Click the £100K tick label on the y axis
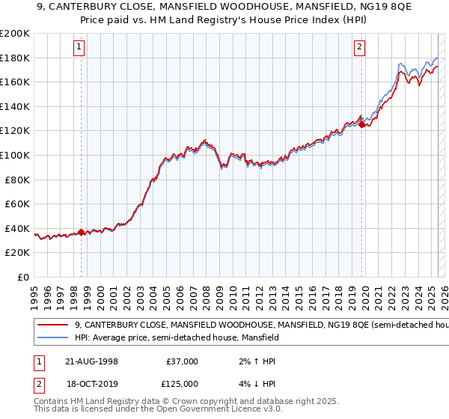tap(15, 155)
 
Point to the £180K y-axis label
tap(15, 58)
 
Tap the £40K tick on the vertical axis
tap(17, 228)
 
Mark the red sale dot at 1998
tap(81, 232)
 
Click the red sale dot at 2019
tap(361, 125)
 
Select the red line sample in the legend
tap(52, 325)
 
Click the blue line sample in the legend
tap(52, 337)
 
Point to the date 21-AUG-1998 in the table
tap(91, 361)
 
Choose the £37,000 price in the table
tap(183, 361)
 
